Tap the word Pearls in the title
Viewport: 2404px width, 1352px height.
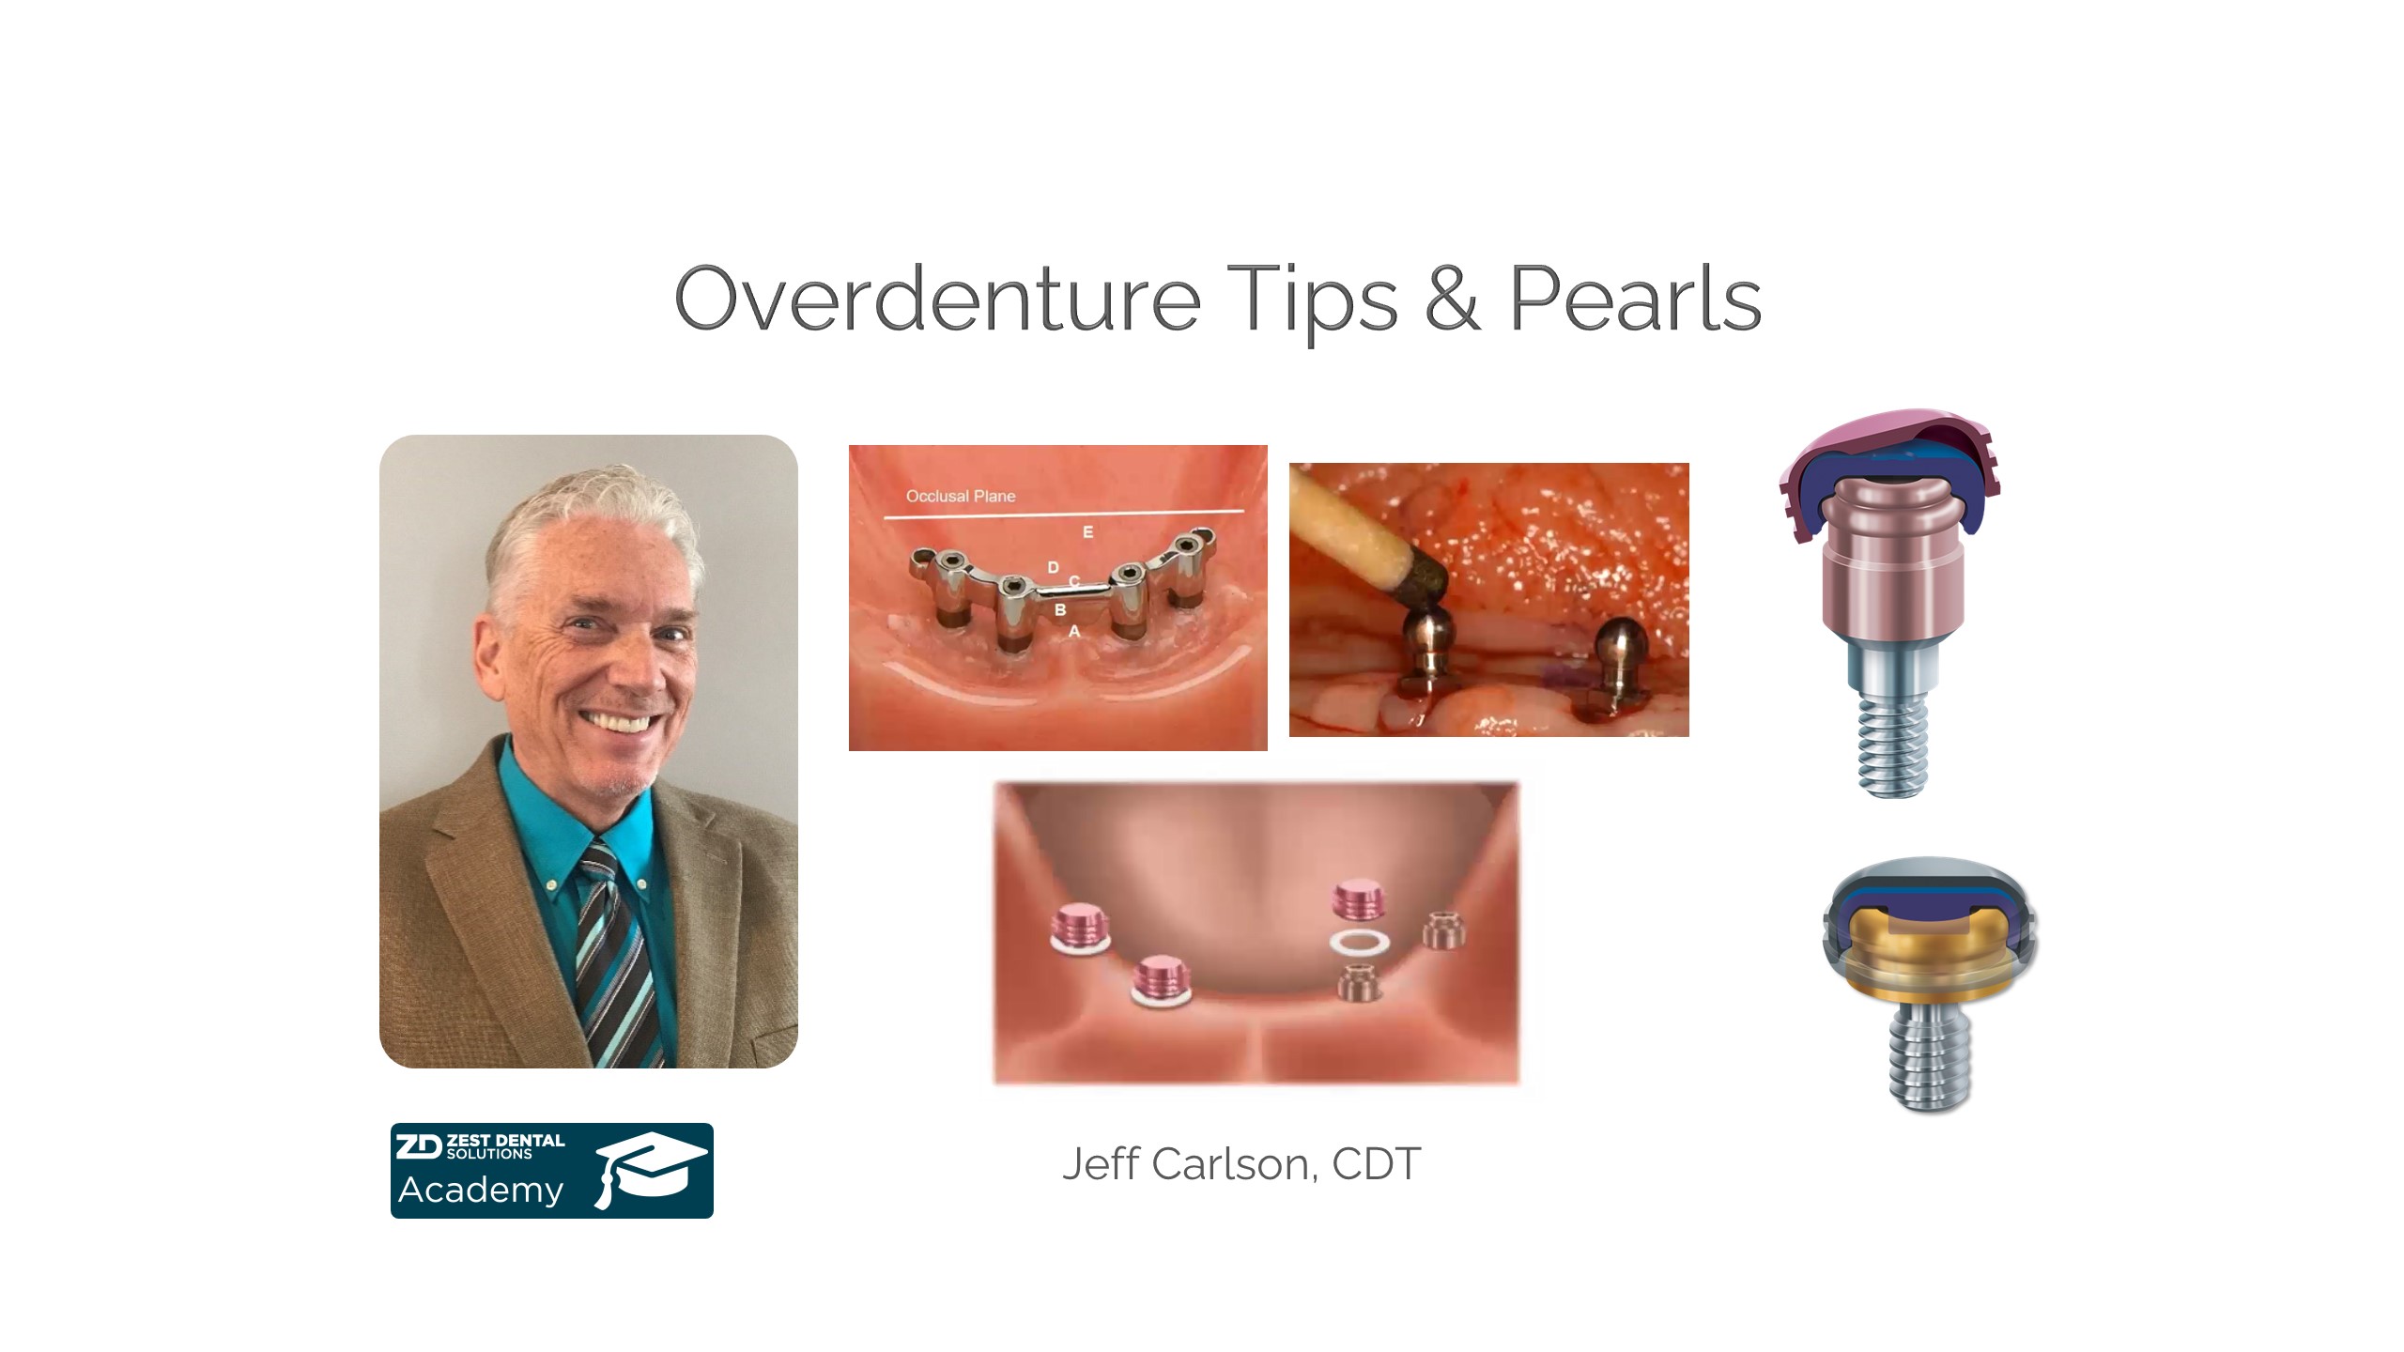click(x=1634, y=299)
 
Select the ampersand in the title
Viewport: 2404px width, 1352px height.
click(x=1453, y=299)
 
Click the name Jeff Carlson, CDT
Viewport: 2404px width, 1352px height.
click(x=1241, y=1164)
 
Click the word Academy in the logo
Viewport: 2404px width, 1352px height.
click(x=481, y=1191)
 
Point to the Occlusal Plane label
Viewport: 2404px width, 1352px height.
click(x=961, y=496)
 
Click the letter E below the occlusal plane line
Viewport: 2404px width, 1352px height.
click(x=1088, y=532)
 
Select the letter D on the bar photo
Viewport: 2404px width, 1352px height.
click(x=1053, y=567)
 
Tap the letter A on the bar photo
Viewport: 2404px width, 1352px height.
click(x=1074, y=632)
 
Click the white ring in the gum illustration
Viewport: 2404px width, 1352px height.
click(x=1360, y=943)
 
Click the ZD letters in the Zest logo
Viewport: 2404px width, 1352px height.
click(x=418, y=1146)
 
